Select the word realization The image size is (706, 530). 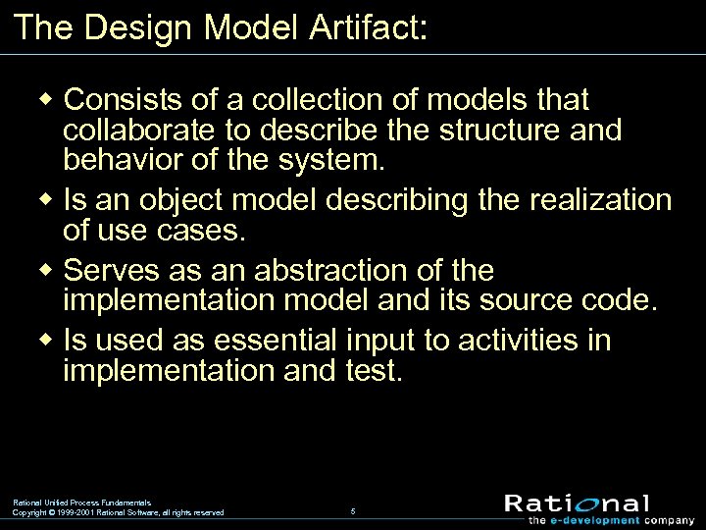point(599,200)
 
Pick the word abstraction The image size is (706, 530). point(308,270)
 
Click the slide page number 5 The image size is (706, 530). point(353,510)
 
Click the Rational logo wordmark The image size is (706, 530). point(577,503)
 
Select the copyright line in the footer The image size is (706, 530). point(118,512)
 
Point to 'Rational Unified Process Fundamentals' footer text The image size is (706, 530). point(82,502)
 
